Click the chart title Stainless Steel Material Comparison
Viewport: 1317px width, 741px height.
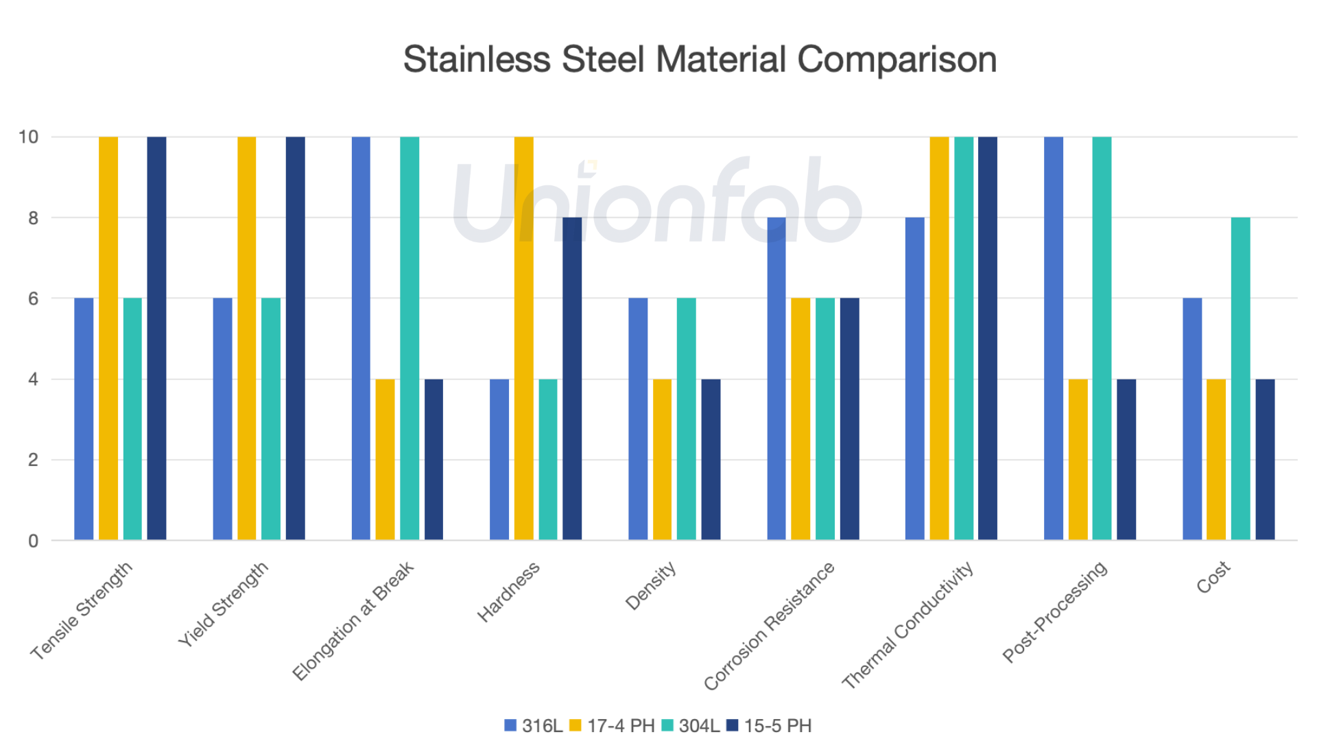click(700, 59)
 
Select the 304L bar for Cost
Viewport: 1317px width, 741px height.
click(1240, 379)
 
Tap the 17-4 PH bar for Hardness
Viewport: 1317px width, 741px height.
click(523, 338)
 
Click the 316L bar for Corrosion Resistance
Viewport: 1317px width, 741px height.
click(776, 379)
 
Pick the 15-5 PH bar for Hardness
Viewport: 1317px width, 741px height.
click(572, 379)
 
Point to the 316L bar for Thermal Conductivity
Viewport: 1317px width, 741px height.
click(915, 379)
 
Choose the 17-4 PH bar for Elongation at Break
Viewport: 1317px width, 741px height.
click(385, 459)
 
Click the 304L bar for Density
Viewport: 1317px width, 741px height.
click(686, 419)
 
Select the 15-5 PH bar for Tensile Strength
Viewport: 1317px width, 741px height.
click(156, 338)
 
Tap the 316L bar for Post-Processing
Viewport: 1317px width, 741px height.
click(1054, 338)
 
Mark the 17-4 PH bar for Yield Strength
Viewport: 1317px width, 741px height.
click(247, 338)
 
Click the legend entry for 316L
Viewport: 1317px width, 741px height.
click(534, 725)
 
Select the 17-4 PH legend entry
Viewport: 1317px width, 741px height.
click(613, 725)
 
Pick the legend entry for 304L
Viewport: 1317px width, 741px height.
click(691, 725)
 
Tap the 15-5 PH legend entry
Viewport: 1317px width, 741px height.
click(770, 725)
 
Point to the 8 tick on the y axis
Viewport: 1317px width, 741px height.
click(33, 218)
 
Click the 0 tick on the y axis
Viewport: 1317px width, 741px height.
click(33, 541)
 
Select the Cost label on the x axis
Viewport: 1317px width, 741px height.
click(1213, 578)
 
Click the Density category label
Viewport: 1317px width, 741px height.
click(651, 586)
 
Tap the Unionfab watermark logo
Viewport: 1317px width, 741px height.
click(657, 200)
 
